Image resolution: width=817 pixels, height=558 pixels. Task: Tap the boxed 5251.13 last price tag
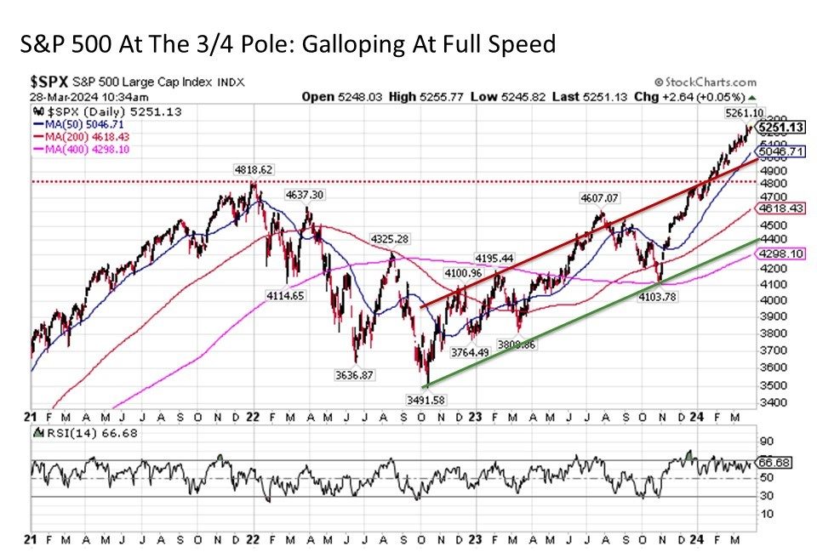pyautogui.click(x=781, y=128)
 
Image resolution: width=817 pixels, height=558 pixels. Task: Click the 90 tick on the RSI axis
pyautogui.click(x=766, y=441)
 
